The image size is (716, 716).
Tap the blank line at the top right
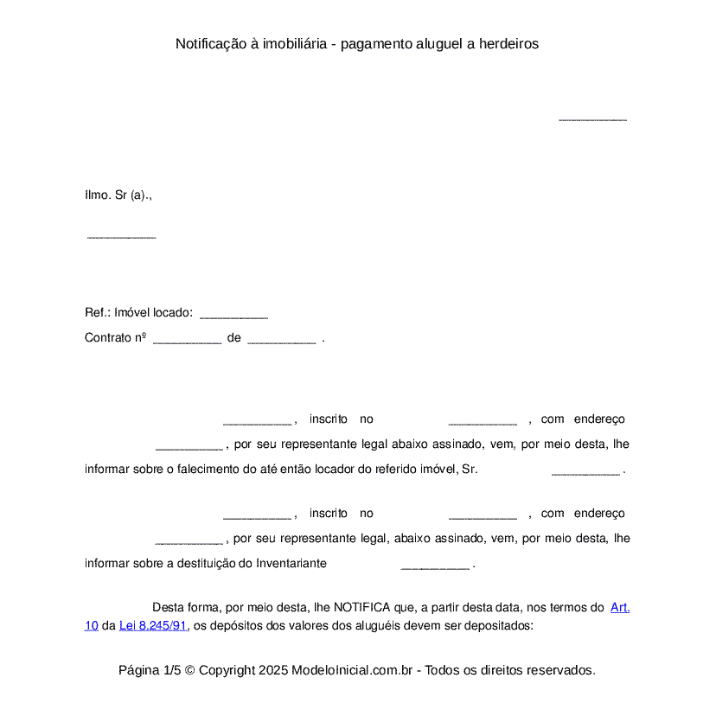tap(592, 118)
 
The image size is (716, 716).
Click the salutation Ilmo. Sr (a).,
tap(118, 195)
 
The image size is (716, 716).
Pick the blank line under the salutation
tap(121, 236)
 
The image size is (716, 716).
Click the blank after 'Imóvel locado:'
tap(233, 315)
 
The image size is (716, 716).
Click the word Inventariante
tap(288, 564)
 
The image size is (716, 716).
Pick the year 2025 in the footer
tap(272, 670)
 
